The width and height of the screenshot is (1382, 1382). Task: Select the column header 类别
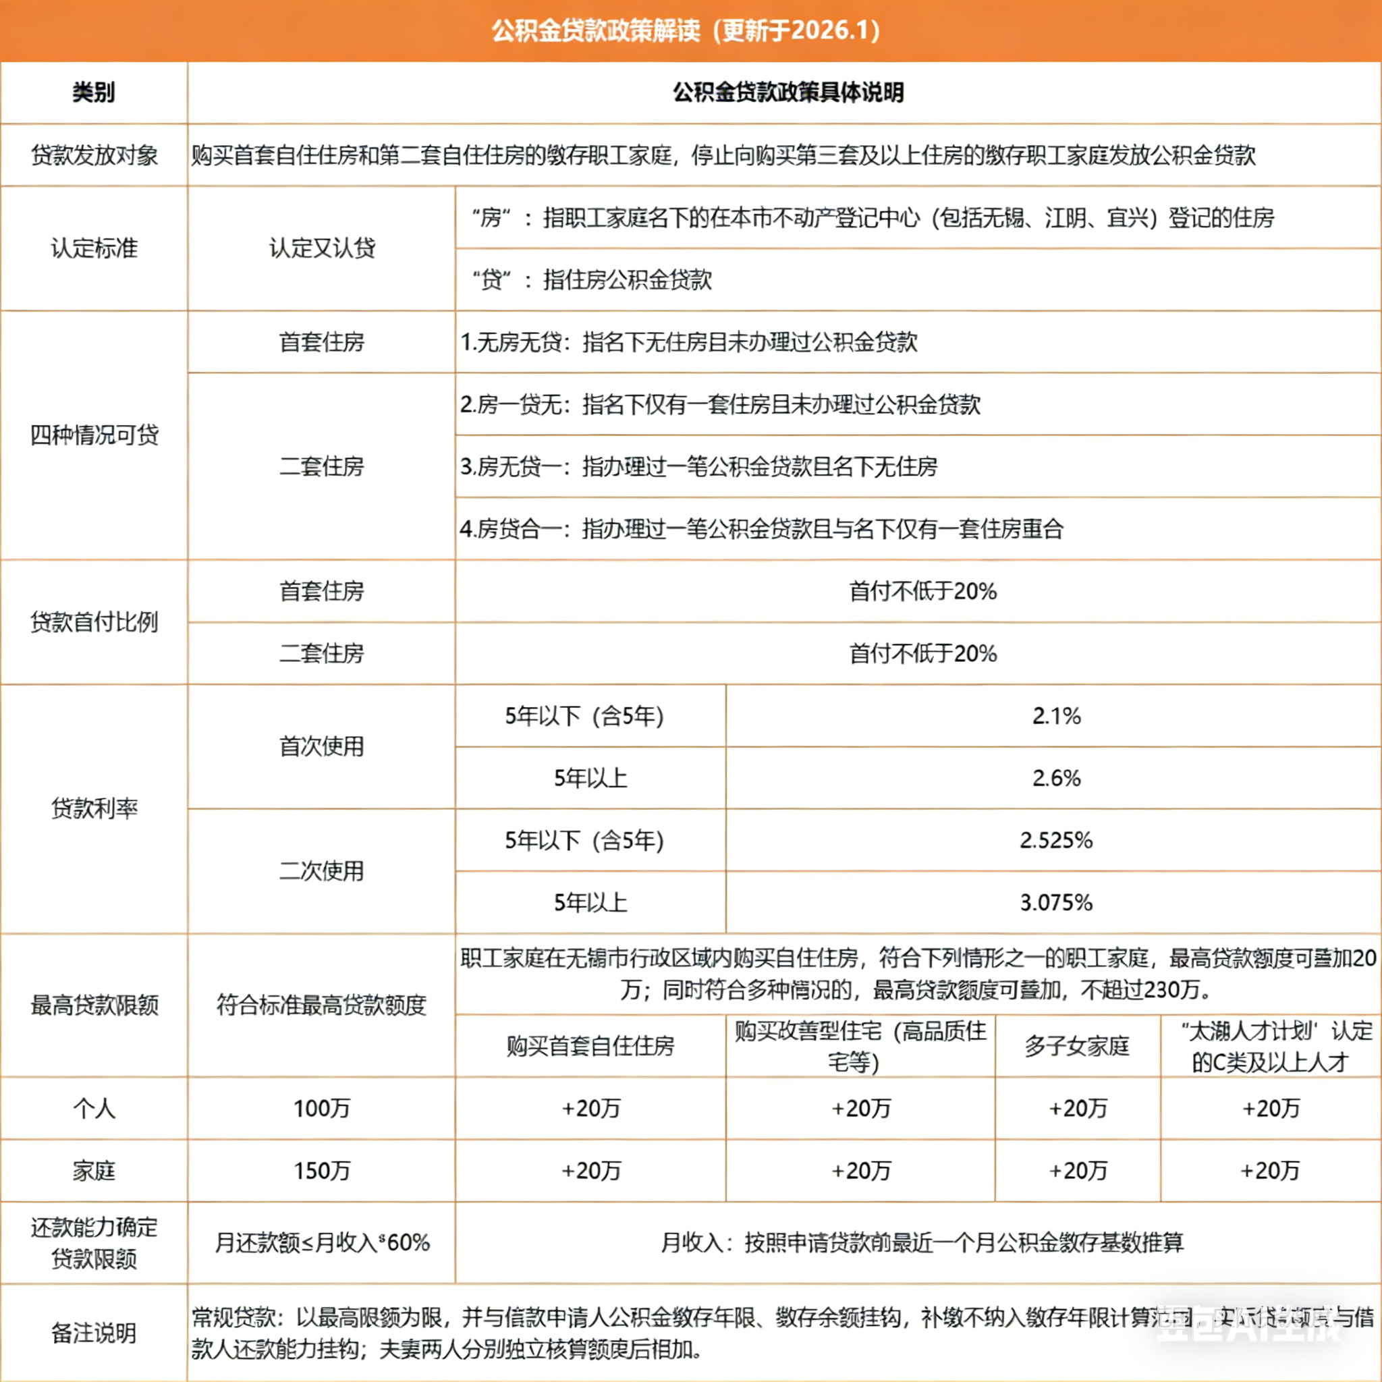pos(94,92)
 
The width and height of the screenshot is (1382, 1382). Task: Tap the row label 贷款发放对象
pos(94,155)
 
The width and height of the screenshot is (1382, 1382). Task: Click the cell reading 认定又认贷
pos(322,248)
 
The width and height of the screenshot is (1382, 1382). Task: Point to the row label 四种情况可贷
pos(94,435)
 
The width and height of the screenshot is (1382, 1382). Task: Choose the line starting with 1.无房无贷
pos(688,342)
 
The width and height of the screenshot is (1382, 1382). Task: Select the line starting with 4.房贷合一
pos(761,528)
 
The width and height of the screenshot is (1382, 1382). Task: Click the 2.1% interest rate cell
pos(1056,716)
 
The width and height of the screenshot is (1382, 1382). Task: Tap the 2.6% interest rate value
pos(1056,778)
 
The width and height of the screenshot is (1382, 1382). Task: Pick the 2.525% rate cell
pos(1056,841)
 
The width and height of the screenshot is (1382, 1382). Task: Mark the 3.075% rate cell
pos(1056,903)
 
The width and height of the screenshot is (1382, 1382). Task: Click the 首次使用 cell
pos(322,747)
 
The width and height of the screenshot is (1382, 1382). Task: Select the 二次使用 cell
pos(322,871)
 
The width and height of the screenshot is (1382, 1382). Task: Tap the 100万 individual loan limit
pos(322,1109)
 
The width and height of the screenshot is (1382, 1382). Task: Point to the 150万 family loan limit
pos(322,1171)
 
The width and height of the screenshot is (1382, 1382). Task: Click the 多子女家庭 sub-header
pos(1077,1047)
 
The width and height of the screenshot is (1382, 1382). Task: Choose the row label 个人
pos(94,1109)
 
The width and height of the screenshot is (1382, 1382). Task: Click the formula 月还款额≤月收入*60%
pos(322,1242)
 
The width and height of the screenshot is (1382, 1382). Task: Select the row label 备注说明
pos(94,1333)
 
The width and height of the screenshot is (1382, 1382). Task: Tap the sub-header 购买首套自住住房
pos(591,1047)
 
